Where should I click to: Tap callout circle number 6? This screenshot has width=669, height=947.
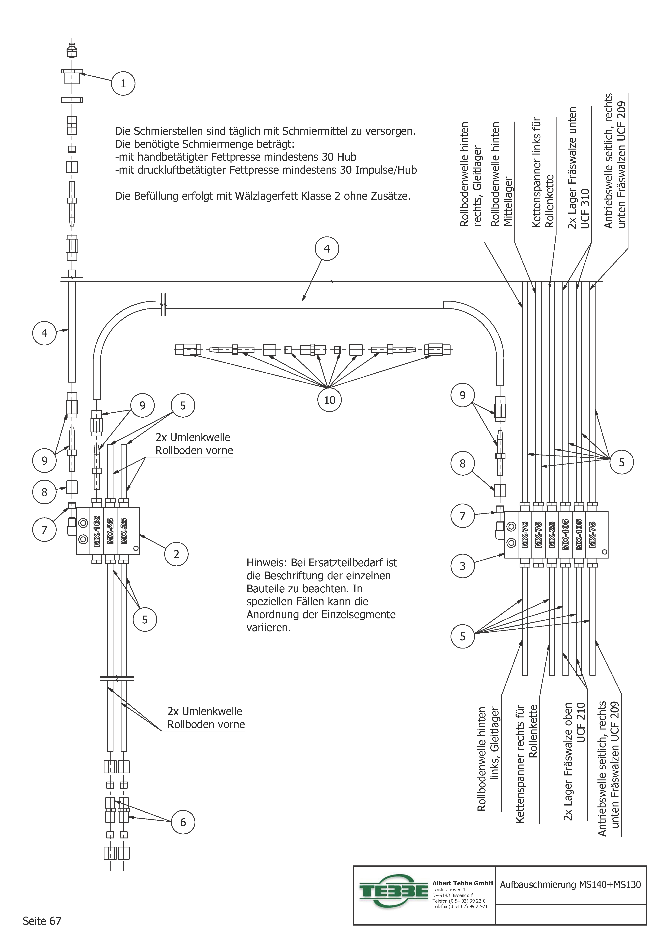point(183,822)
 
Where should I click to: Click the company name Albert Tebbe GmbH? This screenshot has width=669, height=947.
point(462,883)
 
